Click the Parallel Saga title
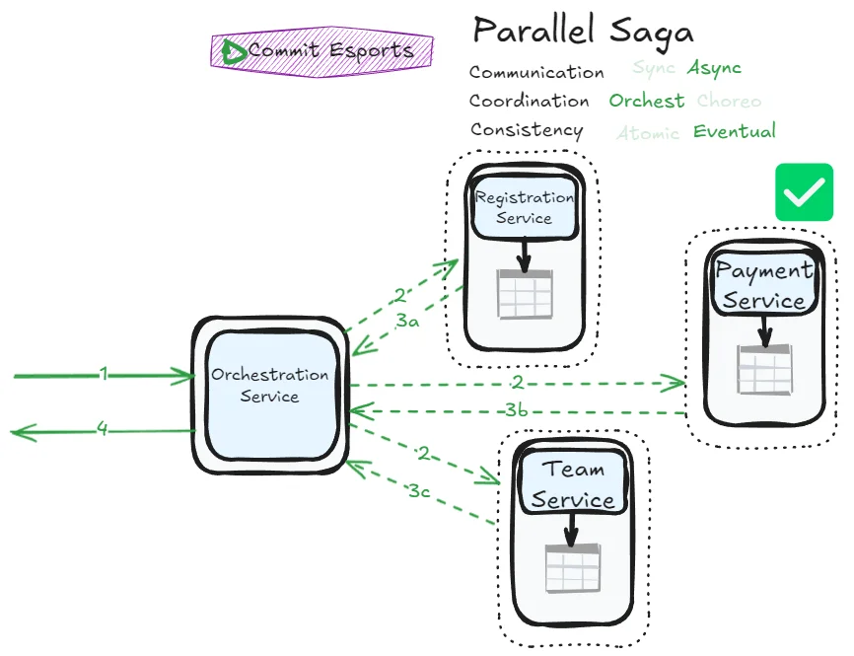point(583,31)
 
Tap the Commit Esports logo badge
point(321,50)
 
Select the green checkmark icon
point(804,192)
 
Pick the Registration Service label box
point(524,206)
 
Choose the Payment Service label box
point(765,285)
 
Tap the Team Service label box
point(573,484)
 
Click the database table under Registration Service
point(525,294)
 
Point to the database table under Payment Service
point(764,370)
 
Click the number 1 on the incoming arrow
point(103,375)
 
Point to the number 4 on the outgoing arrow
point(102,429)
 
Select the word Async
point(714,68)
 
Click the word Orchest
point(646,101)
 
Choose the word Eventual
point(735,131)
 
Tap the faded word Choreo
point(729,101)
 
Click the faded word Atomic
point(648,133)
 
